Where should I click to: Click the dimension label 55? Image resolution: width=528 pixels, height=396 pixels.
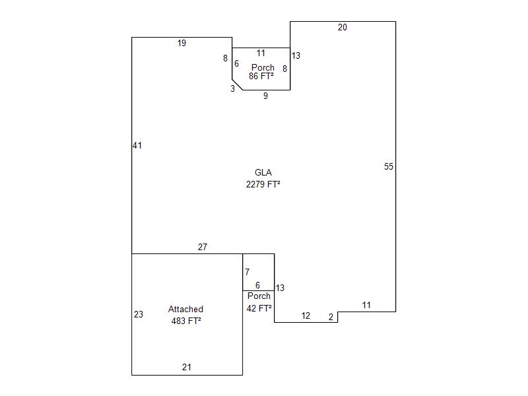coord(389,166)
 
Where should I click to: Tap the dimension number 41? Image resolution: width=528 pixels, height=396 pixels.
coord(137,145)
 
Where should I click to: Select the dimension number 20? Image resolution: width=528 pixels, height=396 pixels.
coord(342,27)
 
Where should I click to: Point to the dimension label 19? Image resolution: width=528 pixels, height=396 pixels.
coord(181,43)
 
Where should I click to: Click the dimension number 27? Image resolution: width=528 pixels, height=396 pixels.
coord(203,247)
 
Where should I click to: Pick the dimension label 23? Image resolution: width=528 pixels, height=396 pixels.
coord(139,315)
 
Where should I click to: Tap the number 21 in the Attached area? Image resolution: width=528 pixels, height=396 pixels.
coord(187,367)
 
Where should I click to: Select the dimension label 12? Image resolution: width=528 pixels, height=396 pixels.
coord(306,316)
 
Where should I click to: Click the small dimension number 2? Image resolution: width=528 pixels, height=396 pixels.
coord(331,317)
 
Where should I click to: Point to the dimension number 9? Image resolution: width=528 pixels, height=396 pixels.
coord(266,96)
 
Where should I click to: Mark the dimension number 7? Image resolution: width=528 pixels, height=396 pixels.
coord(247,272)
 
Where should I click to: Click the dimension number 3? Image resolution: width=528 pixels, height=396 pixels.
coord(233,88)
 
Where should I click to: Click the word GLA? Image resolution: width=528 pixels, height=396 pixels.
coord(263,172)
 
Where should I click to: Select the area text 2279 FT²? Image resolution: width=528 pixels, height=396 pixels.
coord(263,184)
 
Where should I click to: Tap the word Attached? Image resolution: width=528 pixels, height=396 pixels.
coord(185,309)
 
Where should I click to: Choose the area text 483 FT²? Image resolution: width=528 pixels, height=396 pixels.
coord(186,321)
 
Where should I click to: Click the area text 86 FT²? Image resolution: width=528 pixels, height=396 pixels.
coord(261,76)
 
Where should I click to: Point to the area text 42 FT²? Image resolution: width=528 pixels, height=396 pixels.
coord(259,308)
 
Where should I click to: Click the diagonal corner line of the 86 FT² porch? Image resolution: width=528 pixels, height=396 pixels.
coord(238,85)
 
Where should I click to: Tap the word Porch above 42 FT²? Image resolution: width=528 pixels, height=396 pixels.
coord(259,296)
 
